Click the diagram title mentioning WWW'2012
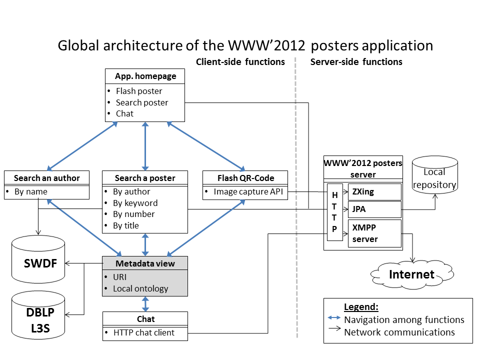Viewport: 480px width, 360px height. [x=245, y=45]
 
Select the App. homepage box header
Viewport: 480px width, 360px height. [x=145, y=76]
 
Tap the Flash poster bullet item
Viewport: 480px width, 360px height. [x=139, y=91]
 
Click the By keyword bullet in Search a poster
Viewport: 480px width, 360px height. [x=135, y=203]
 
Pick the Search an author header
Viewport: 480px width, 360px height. [x=46, y=178]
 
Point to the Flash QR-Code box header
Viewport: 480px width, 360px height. [x=245, y=178]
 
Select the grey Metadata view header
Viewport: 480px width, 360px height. [x=145, y=263]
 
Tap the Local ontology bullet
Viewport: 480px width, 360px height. [x=140, y=288]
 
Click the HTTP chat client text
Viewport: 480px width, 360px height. [x=144, y=332]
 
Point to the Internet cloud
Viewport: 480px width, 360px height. [x=411, y=274]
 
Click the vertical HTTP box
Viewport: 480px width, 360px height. [x=334, y=212]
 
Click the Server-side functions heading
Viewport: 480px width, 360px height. [x=356, y=62]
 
